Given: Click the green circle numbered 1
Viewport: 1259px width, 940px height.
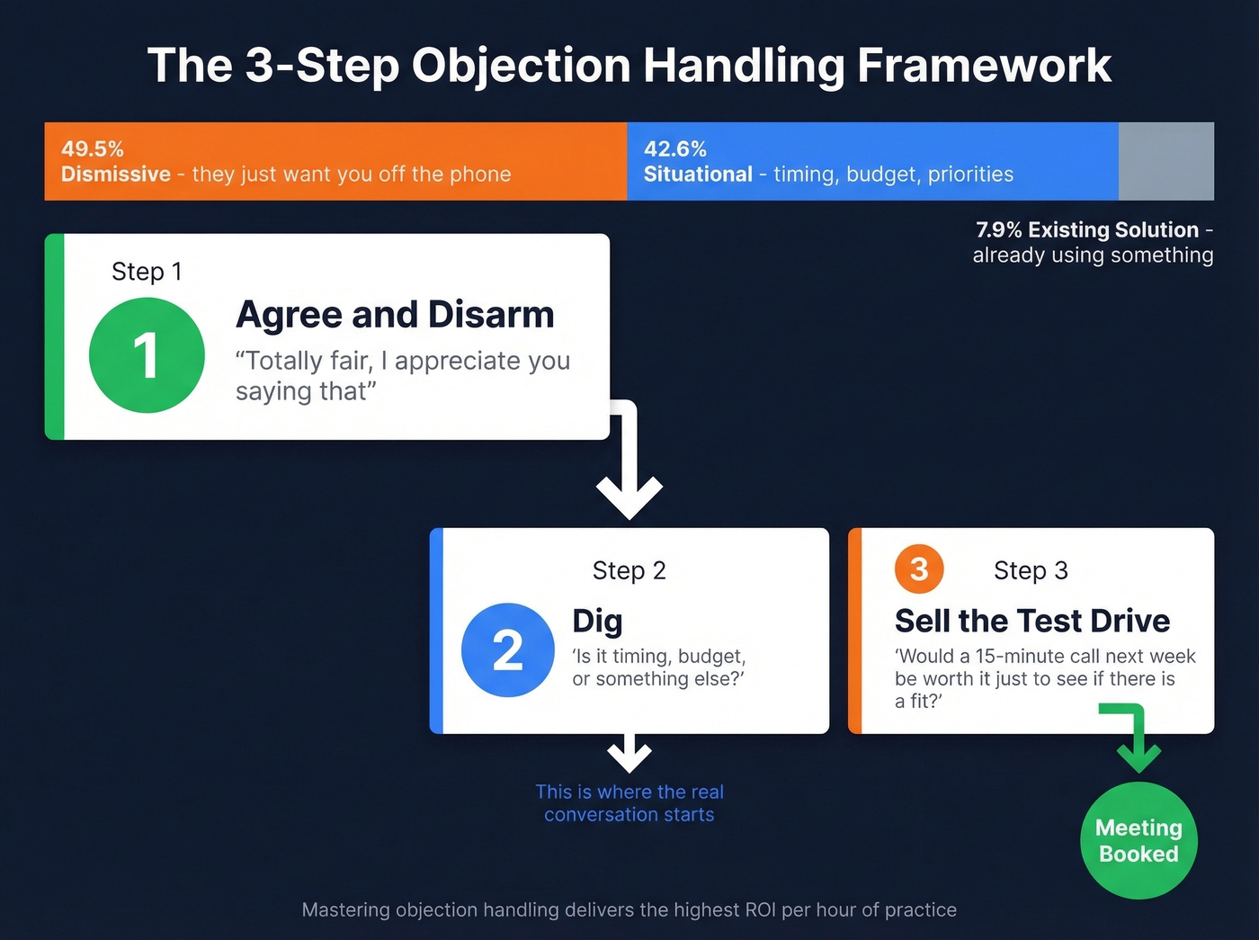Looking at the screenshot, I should click(147, 355).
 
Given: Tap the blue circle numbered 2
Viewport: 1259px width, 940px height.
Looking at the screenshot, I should click(508, 649).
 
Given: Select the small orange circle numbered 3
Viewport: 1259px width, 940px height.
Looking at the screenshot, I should click(918, 568).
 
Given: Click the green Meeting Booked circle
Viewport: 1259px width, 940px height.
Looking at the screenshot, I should click(1138, 840).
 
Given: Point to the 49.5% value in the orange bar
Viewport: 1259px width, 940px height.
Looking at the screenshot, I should click(93, 149).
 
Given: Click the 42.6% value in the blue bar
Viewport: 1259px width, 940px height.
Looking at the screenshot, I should click(675, 149).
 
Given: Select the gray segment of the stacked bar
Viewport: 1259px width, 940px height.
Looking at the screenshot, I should click(1165, 161).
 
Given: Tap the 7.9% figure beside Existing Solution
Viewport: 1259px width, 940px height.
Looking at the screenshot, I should click(998, 230).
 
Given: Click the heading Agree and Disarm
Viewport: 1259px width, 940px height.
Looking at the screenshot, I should click(395, 315).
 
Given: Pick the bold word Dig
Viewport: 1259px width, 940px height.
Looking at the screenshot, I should click(597, 621).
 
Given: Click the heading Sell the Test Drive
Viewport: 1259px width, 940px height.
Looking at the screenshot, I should click(1031, 621).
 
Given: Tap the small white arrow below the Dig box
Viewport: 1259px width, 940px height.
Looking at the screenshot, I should click(629, 754).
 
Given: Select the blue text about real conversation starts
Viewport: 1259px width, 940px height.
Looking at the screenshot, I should click(629, 803).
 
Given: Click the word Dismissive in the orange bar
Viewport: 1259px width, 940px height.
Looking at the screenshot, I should click(116, 175).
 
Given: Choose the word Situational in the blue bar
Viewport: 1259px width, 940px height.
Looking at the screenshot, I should click(698, 175).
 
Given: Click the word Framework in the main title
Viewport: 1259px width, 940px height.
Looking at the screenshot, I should click(984, 66).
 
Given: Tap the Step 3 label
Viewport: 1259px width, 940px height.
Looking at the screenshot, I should click(1031, 570).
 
